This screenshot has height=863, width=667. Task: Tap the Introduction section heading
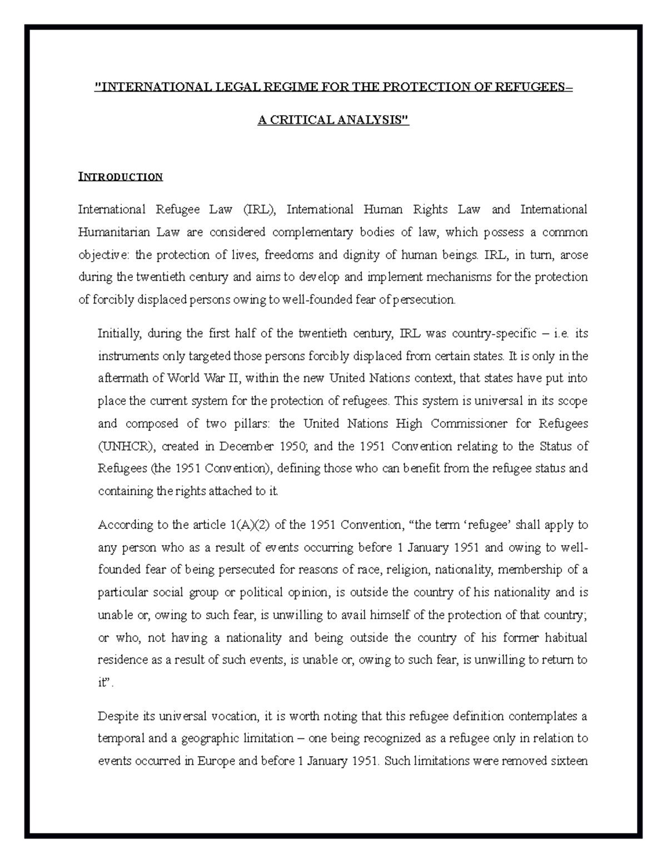120,177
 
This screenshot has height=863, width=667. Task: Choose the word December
246,446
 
